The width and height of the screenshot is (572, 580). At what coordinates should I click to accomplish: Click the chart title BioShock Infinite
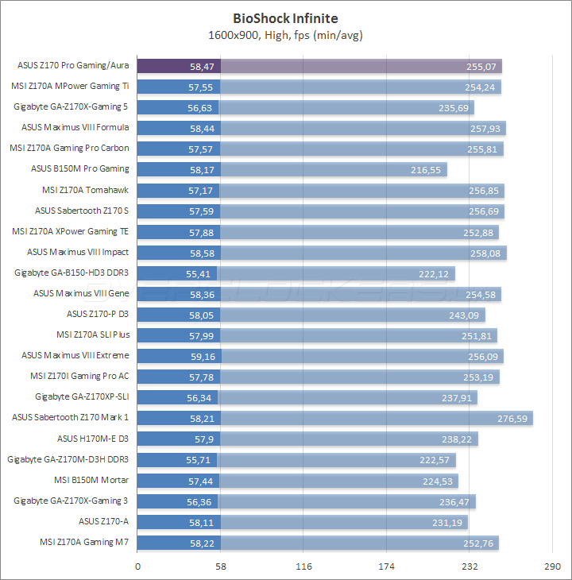(285, 17)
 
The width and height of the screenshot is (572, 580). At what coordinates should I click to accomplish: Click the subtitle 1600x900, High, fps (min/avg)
(285, 35)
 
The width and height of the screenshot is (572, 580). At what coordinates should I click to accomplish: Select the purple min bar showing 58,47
(179, 66)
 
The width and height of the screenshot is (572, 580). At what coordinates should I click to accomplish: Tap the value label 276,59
(515, 418)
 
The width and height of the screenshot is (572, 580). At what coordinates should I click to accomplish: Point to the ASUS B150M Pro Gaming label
(79, 168)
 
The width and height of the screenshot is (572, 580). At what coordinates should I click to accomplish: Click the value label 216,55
(429, 169)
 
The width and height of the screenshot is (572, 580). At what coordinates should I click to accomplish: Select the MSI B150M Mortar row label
(91, 480)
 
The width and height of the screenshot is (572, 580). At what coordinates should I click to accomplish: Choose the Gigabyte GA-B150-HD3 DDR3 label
(71, 273)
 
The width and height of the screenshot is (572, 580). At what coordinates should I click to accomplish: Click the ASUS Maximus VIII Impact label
(78, 252)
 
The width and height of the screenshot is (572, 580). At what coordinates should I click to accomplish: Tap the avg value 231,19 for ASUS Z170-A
(450, 522)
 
